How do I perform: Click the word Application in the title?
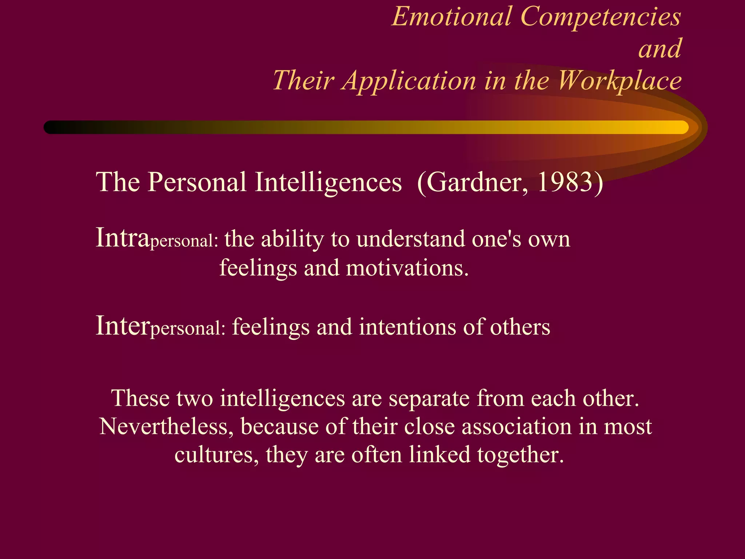pos(410,81)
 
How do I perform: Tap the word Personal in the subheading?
pos(197,182)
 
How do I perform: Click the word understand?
pos(411,239)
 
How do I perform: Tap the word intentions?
pos(407,327)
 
